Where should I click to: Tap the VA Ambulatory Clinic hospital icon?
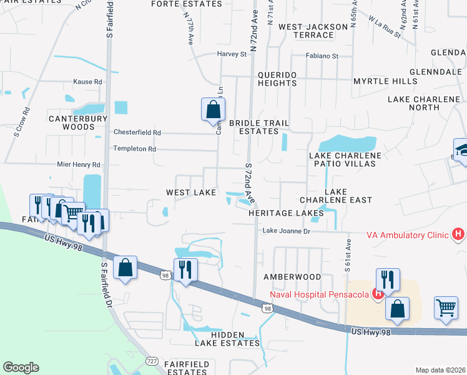point(458,235)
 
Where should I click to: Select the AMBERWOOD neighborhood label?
point(292,276)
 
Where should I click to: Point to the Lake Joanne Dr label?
point(286,231)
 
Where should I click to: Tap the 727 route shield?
point(152,361)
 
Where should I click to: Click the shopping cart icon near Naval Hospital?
point(446,307)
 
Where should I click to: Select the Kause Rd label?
point(87,82)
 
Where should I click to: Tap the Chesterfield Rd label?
point(137,132)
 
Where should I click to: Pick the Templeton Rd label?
point(134,149)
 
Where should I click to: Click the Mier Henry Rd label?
point(79,165)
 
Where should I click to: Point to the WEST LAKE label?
point(190,192)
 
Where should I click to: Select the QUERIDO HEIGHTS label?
point(277,79)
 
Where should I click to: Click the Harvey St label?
point(232,54)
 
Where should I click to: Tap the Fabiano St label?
point(322,56)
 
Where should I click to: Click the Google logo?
point(21,367)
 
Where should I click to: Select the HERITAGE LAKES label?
point(286,213)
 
